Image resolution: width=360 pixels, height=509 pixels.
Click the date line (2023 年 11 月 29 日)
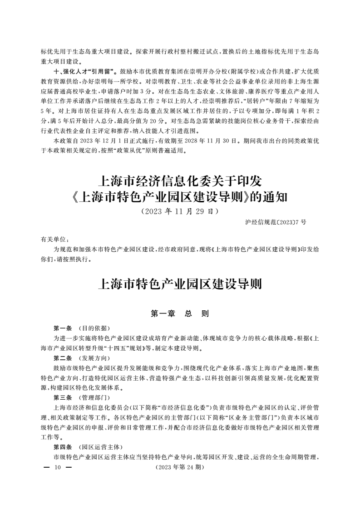[180, 211]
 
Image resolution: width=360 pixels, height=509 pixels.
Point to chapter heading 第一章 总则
[180, 313]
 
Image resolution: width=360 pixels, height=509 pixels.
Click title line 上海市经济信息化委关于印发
[180, 181]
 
